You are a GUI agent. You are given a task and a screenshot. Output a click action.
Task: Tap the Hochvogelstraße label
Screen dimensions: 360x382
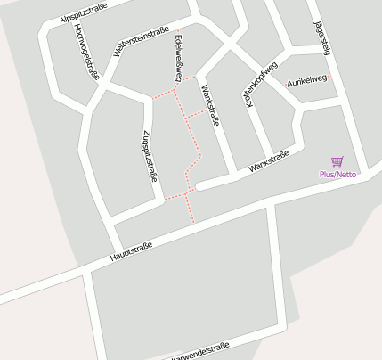pyautogui.click(x=85, y=52)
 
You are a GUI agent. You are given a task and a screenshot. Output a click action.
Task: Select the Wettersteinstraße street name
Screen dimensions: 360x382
pyautogui.click(x=141, y=42)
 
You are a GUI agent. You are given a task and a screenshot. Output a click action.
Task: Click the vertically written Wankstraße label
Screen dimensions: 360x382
pyautogui.click(x=212, y=104)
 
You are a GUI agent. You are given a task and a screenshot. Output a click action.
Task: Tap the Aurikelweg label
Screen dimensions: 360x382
pyautogui.click(x=306, y=79)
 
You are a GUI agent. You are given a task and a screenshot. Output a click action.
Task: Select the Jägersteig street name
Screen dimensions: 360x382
pyautogui.click(x=322, y=40)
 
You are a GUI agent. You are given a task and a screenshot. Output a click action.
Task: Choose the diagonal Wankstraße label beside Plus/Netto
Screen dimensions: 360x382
pyautogui.click(x=270, y=160)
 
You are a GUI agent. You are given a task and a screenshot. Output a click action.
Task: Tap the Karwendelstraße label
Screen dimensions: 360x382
pyautogui.click(x=201, y=348)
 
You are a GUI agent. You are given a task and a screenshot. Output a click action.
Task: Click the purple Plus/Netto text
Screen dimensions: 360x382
pyautogui.click(x=337, y=175)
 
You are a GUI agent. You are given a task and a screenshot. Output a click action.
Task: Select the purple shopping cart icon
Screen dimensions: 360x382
pyautogui.click(x=337, y=161)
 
